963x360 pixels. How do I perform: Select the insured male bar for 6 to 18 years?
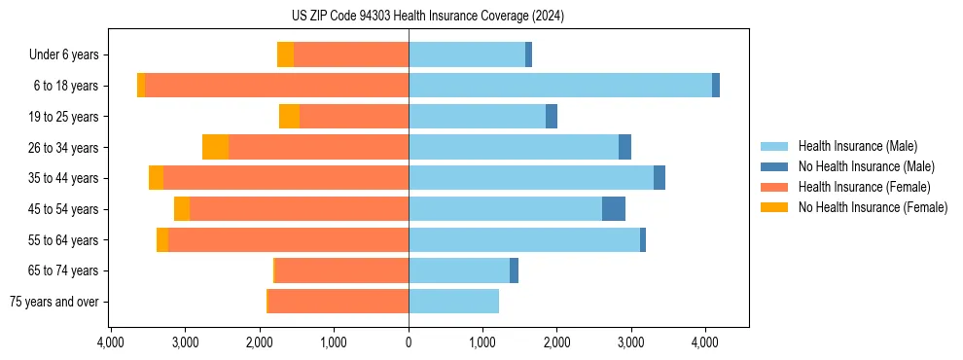(x=560, y=86)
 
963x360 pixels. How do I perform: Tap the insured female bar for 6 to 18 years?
(x=276, y=86)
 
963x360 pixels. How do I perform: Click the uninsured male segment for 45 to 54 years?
(x=614, y=209)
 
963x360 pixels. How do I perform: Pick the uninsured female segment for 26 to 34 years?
(x=215, y=147)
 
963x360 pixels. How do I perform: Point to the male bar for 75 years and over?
(x=453, y=302)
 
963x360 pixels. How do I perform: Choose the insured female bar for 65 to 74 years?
(x=341, y=270)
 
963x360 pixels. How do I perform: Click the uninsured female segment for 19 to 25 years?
(x=289, y=117)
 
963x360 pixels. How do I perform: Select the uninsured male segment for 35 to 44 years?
(x=660, y=178)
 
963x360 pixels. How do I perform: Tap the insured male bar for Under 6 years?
(x=467, y=54)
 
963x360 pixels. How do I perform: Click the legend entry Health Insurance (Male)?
(x=857, y=146)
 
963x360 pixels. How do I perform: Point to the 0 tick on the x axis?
(x=409, y=342)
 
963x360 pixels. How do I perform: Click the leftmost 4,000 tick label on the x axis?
(x=110, y=342)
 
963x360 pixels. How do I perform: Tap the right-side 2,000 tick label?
(x=556, y=342)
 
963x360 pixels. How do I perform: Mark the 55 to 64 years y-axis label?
(x=64, y=240)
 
